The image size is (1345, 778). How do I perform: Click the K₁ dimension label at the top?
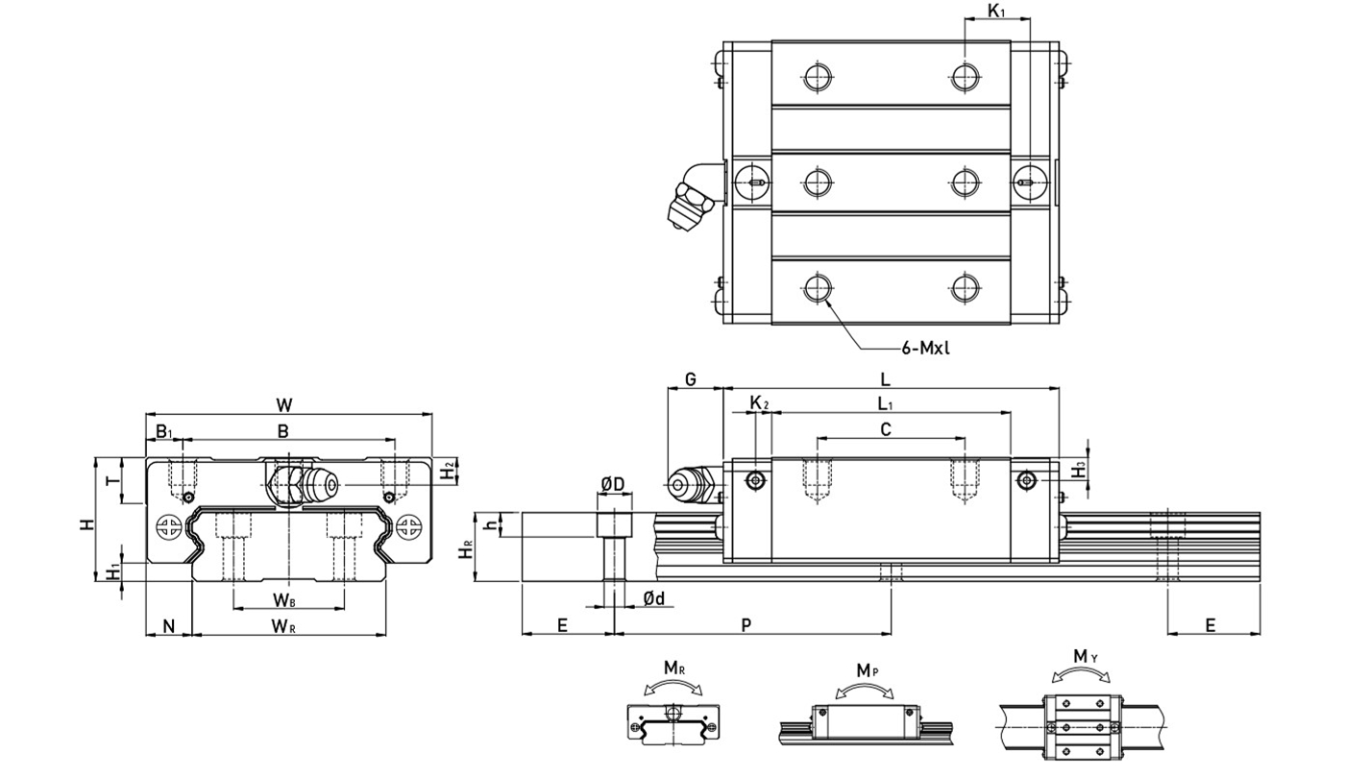[x=996, y=12]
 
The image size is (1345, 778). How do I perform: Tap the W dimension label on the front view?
[x=285, y=403]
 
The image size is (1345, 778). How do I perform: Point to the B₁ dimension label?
[x=163, y=431]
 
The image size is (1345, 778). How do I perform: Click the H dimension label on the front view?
[x=86, y=524]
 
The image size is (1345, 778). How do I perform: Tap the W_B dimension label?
[x=283, y=599]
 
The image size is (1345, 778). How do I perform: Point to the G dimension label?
[x=692, y=379]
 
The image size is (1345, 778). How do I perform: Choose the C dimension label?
[x=886, y=429]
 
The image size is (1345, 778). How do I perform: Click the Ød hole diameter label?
[x=654, y=598]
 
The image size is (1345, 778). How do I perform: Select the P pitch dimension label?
[x=747, y=624]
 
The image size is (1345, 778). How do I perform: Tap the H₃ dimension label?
[x=1080, y=469]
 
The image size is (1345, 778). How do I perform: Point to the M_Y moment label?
[x=1085, y=656]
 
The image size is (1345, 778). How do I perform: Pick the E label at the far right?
[x=1210, y=624]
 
